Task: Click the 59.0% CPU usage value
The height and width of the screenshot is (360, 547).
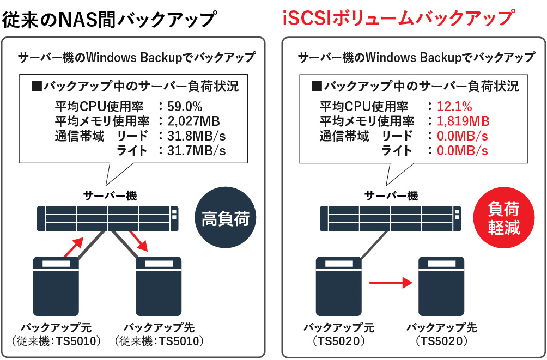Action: [185, 106]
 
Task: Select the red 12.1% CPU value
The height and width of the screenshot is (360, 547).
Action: [454, 106]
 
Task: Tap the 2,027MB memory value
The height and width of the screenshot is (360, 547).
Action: [193, 121]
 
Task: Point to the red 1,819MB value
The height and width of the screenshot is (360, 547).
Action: [463, 121]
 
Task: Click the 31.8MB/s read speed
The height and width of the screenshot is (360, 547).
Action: [196, 136]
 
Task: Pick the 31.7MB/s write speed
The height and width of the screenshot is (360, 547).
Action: [196, 150]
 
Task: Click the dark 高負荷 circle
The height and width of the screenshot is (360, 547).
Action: [226, 218]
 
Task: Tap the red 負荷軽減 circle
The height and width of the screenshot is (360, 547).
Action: [504, 218]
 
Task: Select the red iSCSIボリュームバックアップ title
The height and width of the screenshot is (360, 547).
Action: [398, 19]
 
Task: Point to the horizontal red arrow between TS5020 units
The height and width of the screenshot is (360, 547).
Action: [391, 282]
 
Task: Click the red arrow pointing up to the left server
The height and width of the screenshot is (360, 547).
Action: [74, 247]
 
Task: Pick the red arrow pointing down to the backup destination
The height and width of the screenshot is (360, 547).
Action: [138, 241]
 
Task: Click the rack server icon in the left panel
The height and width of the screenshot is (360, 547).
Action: [108, 218]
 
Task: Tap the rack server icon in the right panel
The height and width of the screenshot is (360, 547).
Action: [391, 218]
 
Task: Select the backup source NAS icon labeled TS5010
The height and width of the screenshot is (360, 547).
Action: [56, 286]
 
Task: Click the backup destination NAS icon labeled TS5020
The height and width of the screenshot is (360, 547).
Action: [442, 286]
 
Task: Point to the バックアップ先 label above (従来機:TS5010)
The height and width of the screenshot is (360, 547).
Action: [159, 328]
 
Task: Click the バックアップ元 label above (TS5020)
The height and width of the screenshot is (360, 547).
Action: [339, 328]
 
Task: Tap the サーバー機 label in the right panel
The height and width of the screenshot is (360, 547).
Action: [391, 196]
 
